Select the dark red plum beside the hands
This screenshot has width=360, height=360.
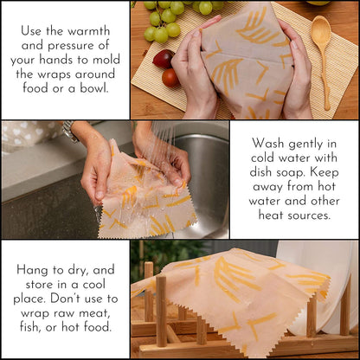[x=163, y=59]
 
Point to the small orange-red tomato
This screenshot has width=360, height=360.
[x=170, y=78]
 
